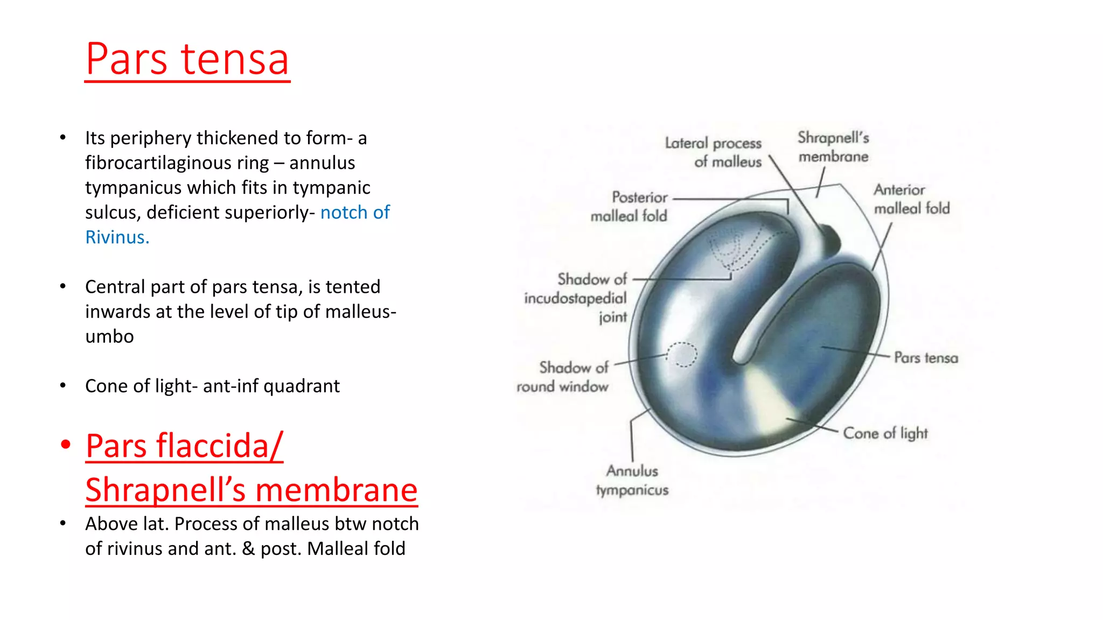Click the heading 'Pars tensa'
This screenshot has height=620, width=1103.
coord(187,59)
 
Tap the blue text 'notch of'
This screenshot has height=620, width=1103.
coord(355,213)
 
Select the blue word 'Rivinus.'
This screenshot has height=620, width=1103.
coord(117,237)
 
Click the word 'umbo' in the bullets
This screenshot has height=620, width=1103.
coord(109,336)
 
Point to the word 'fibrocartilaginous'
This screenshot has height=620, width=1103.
coord(177,163)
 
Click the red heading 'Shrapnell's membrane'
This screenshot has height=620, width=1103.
coord(251,490)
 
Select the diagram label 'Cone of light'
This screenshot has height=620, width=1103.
coord(885,433)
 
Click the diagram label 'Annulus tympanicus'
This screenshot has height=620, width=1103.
coord(632,481)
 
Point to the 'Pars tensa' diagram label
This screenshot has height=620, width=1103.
coord(926,358)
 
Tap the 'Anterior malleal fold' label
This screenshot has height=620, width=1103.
coord(911,199)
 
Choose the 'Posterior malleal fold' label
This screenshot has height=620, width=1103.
coord(629,207)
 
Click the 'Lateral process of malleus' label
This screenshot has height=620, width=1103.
coord(713,152)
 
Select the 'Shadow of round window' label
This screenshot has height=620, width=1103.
coord(563,377)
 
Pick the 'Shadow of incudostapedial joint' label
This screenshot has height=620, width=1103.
coord(575,298)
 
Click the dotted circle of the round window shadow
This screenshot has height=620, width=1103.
coord(682,355)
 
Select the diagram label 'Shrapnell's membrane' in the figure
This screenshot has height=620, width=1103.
coord(833,147)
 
